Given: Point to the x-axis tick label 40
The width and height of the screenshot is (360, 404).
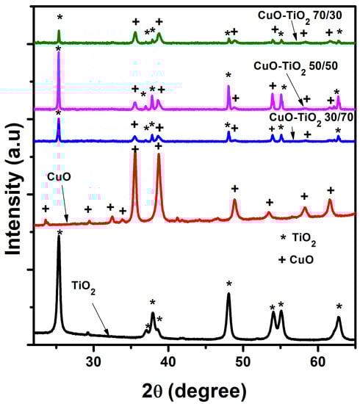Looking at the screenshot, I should pyautogui.click(x=168, y=359).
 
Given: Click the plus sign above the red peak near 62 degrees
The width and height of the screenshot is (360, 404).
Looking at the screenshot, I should pyautogui.click(x=330, y=190).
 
